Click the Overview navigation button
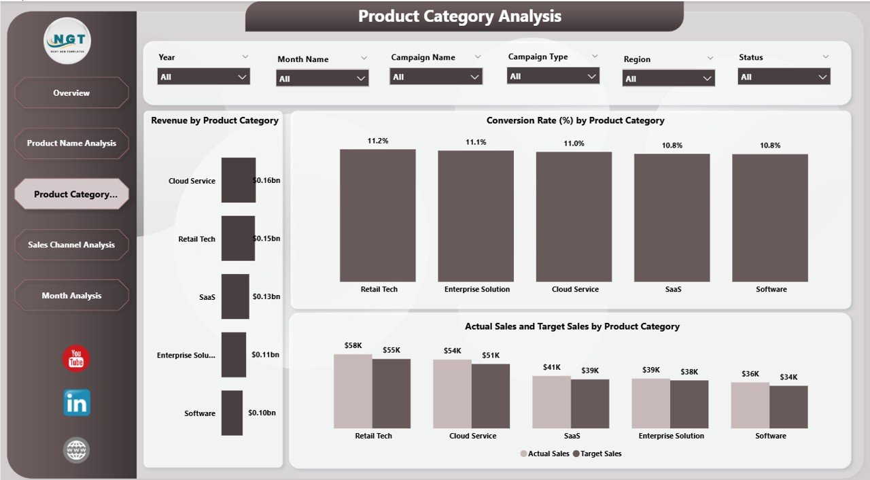pos(71,93)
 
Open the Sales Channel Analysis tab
pos(71,245)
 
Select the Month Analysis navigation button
pos(71,296)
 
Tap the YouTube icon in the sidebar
pos(76,359)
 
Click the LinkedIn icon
pos(76,403)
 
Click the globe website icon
pos(76,450)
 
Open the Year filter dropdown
pos(203,77)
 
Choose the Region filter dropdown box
pos(668,79)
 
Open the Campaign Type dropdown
pos(553,76)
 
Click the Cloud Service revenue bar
pos(239,180)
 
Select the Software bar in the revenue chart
pos(232,413)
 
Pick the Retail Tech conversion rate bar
pos(377,216)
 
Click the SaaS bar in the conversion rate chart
pos(672,218)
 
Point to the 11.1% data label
pos(476,142)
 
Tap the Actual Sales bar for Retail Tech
pos(353,391)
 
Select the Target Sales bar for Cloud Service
pos(490,396)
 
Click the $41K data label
pos(551,367)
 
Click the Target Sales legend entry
pos(597,453)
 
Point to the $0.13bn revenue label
pos(266,296)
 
